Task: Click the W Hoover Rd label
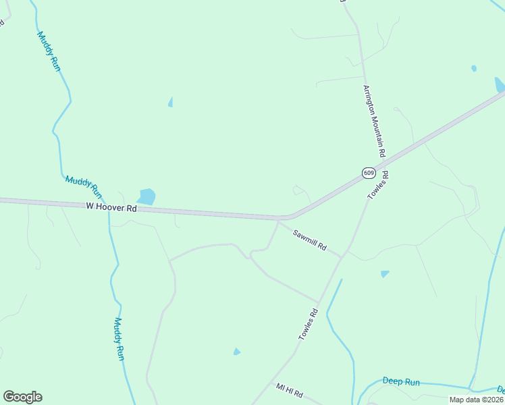tap(111, 209)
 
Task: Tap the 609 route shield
tap(368, 173)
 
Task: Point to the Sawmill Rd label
tap(310, 239)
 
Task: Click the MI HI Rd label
tap(290, 391)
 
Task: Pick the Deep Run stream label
tap(401, 382)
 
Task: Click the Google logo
tap(22, 397)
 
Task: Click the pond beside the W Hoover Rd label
tap(146, 196)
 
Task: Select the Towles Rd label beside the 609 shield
tap(379, 185)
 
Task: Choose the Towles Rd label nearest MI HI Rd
tap(308, 325)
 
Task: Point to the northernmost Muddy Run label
tap(49, 51)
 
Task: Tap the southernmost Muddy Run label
tap(119, 338)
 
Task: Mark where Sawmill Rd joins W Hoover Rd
tap(278, 219)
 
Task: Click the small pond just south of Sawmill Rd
tap(385, 274)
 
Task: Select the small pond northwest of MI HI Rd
tap(237, 352)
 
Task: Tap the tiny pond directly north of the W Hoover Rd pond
tap(170, 102)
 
